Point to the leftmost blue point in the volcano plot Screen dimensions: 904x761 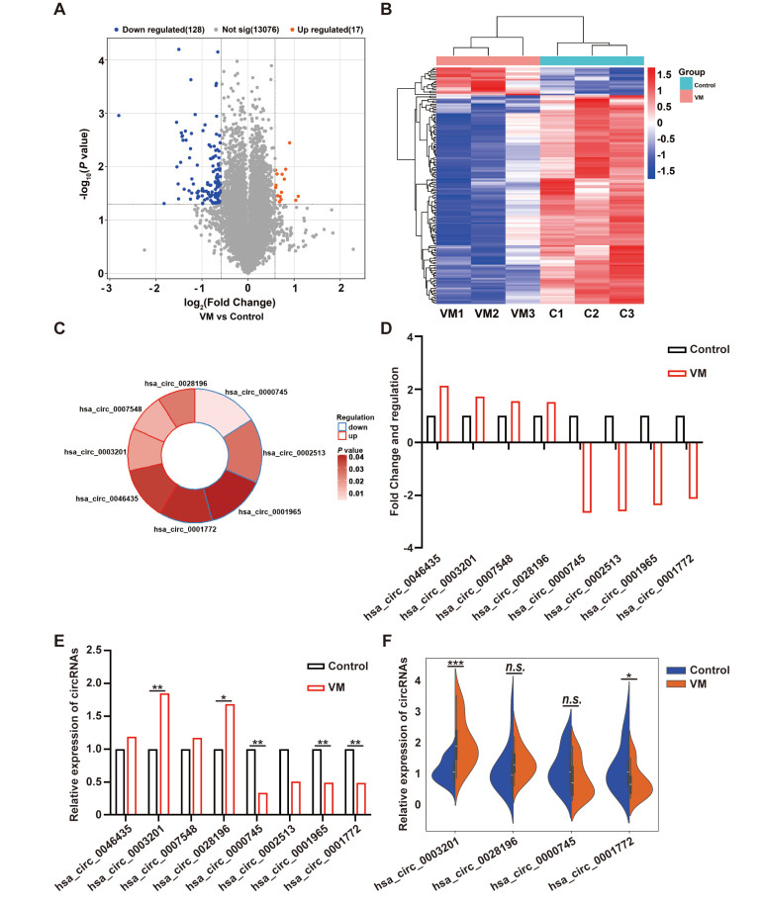119,116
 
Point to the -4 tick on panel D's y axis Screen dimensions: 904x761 394,547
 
